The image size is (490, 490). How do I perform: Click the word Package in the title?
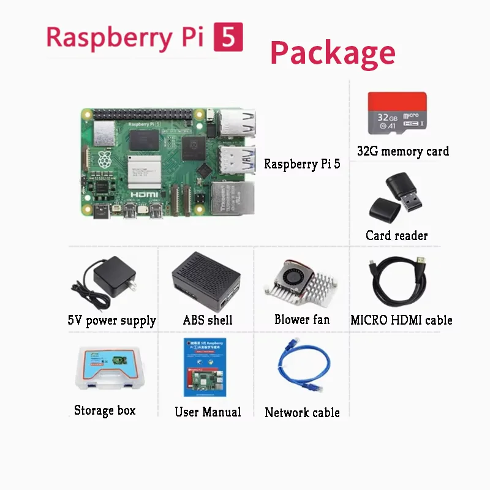click(x=333, y=53)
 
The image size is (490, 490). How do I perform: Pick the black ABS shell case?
click(x=206, y=280)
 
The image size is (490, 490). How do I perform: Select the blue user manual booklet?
click(x=205, y=366)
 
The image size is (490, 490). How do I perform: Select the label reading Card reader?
click(x=396, y=236)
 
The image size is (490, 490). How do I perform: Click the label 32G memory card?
click(x=402, y=151)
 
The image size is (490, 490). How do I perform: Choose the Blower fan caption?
click(x=301, y=320)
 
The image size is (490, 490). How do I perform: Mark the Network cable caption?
click(x=302, y=412)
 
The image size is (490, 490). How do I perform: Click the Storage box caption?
click(x=105, y=410)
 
